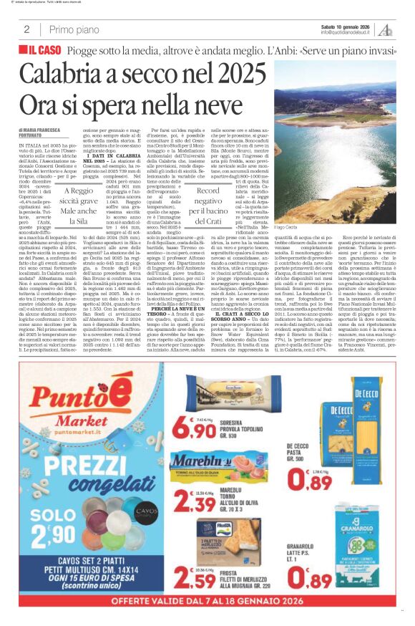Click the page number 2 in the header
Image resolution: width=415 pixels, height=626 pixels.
pos(26,29)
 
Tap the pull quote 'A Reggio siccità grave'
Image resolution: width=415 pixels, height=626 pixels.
pos(79,196)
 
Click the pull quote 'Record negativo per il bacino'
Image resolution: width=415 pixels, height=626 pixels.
pos(218,197)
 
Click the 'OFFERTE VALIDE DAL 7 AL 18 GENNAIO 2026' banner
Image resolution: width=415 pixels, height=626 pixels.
pos(207,615)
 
